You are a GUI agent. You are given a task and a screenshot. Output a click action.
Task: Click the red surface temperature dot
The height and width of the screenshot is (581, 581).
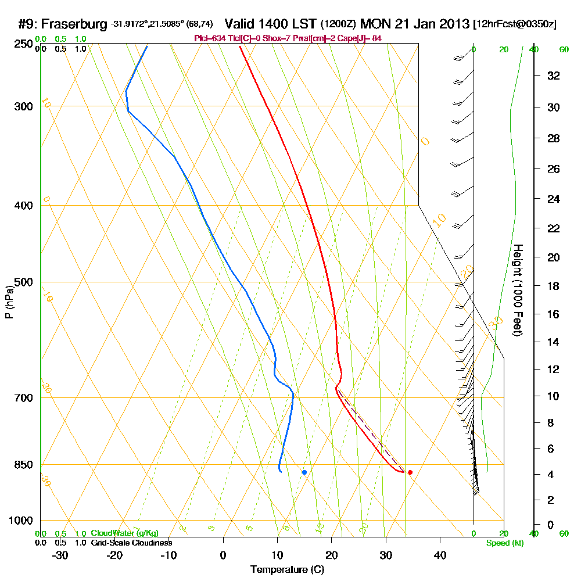point(410,472)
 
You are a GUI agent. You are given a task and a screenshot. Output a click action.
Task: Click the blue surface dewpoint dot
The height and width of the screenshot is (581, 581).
point(304,472)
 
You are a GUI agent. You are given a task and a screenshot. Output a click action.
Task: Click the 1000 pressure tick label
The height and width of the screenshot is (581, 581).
point(20,521)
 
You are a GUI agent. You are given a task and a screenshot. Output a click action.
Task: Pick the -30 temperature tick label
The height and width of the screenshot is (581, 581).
point(60,555)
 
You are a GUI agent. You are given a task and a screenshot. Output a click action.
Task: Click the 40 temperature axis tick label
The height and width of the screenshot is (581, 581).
point(440,555)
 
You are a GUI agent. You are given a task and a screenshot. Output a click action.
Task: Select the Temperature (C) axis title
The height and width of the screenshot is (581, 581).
point(287,570)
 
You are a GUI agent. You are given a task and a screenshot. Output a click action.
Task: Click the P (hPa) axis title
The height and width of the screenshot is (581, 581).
point(9,302)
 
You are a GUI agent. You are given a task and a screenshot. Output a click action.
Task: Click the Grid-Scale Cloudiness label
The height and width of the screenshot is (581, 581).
point(131,543)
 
